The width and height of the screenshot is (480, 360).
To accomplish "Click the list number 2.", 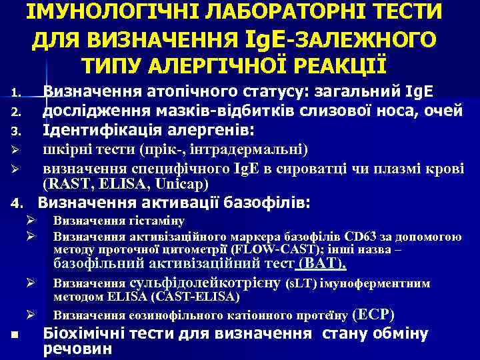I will click(18, 109).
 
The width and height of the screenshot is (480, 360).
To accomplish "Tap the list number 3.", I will click(18, 127).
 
